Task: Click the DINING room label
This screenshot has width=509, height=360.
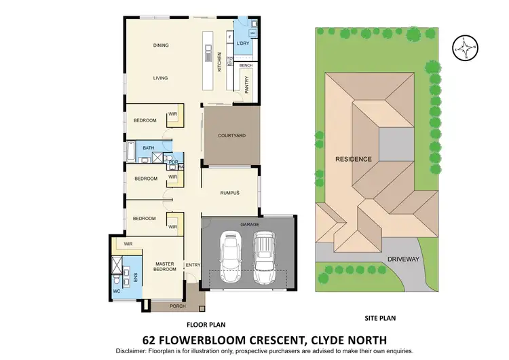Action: coord(160,46)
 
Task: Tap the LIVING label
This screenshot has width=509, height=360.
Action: coord(160,78)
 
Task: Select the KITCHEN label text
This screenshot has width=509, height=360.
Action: coord(219,62)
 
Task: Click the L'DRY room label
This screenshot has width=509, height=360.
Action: coord(244,43)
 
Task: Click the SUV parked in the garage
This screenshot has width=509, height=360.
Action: coord(264,251)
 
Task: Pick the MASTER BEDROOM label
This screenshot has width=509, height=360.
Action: coord(165,266)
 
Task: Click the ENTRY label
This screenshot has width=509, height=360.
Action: coord(192,265)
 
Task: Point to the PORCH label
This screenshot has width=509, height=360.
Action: coord(177,306)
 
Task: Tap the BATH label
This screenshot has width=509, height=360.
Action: coord(148,148)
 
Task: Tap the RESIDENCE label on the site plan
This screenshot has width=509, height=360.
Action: coord(353,159)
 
